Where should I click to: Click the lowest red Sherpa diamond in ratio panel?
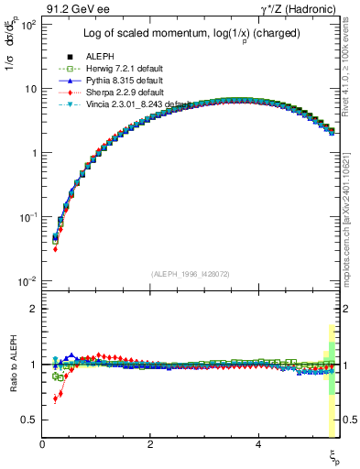click(56, 399)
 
